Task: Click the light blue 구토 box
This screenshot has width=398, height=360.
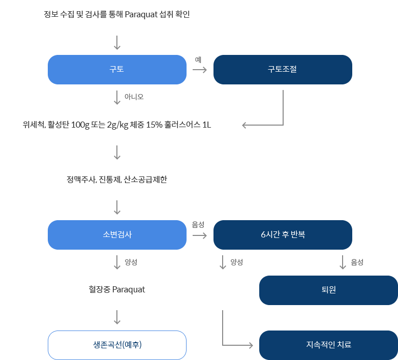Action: (117, 69)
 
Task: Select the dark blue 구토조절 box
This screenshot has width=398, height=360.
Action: (282, 69)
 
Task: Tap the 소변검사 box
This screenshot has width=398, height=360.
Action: (117, 234)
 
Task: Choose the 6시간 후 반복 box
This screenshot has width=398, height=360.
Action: (282, 234)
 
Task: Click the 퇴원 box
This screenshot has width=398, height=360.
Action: (328, 290)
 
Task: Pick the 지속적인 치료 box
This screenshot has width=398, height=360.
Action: (328, 345)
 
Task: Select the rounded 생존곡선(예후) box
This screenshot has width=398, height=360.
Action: (117, 345)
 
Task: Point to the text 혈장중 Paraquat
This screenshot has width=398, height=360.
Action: (117, 289)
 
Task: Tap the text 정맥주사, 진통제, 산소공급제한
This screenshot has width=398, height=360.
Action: (117, 179)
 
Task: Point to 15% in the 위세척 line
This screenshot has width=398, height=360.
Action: (155, 125)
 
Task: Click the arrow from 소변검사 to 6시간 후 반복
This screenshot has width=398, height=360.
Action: (200, 235)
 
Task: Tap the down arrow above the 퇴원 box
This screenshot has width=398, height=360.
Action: (343, 262)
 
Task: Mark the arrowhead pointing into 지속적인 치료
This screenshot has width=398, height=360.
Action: (250, 345)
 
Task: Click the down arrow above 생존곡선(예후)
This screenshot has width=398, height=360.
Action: (117, 317)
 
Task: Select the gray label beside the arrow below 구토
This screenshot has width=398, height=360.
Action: (134, 97)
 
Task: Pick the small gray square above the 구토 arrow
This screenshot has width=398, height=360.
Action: (198, 60)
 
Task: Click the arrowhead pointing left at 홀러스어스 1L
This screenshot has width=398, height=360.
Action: (245, 125)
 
